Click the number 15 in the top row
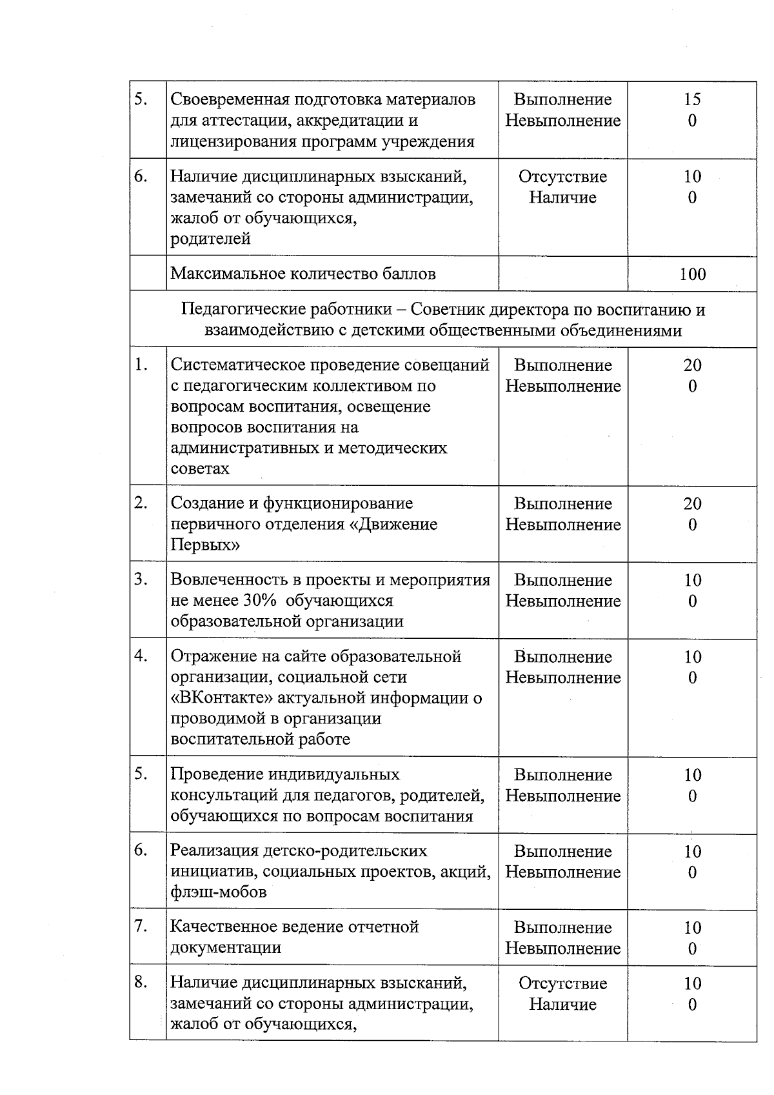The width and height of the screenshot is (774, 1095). (692, 99)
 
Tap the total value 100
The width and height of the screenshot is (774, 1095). (692, 274)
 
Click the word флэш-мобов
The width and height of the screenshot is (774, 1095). (218, 892)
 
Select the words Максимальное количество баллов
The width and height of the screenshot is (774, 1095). (303, 274)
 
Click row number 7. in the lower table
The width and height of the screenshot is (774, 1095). (141, 927)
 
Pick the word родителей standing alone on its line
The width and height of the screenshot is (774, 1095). (210, 239)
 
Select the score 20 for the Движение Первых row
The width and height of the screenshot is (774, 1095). (692, 503)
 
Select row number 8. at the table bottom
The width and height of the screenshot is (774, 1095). (141, 982)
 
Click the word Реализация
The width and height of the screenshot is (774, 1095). (211, 850)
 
